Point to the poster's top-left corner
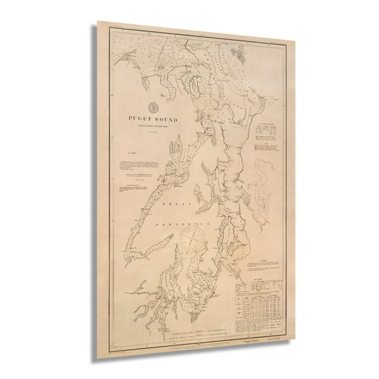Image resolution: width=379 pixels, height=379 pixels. click(99, 22)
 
